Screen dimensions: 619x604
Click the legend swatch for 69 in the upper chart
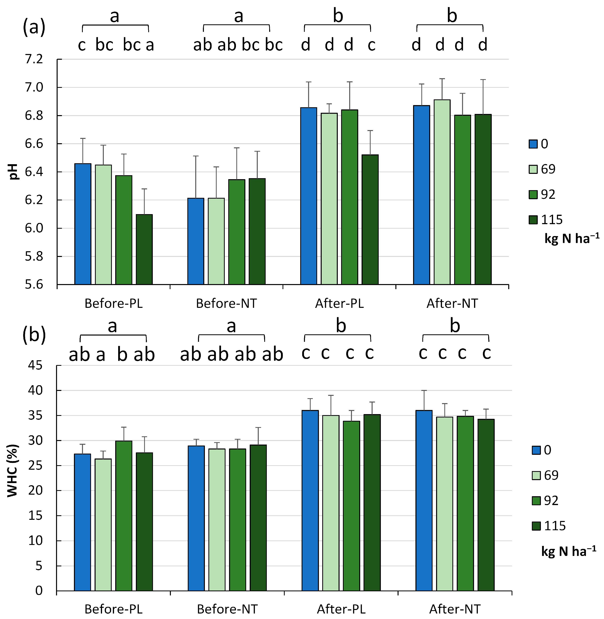[533, 169]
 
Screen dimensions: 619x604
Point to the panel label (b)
[34, 335]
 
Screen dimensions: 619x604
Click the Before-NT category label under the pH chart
[226, 304]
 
